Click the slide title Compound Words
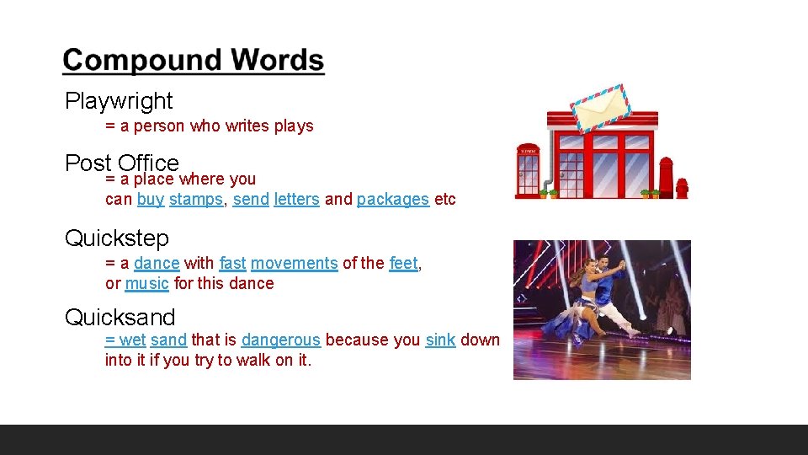click(193, 61)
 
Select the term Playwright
click(119, 101)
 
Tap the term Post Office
click(122, 162)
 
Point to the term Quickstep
click(117, 238)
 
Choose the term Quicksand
click(120, 318)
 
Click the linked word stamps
click(195, 200)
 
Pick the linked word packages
click(392, 200)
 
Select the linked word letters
click(296, 200)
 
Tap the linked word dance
click(157, 263)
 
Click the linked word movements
click(294, 263)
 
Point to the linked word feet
click(403, 263)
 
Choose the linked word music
click(146, 283)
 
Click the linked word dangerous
click(280, 340)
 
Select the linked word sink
click(440, 340)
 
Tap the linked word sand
click(168, 340)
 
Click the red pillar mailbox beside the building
click(666, 177)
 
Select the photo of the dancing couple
click(602, 309)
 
